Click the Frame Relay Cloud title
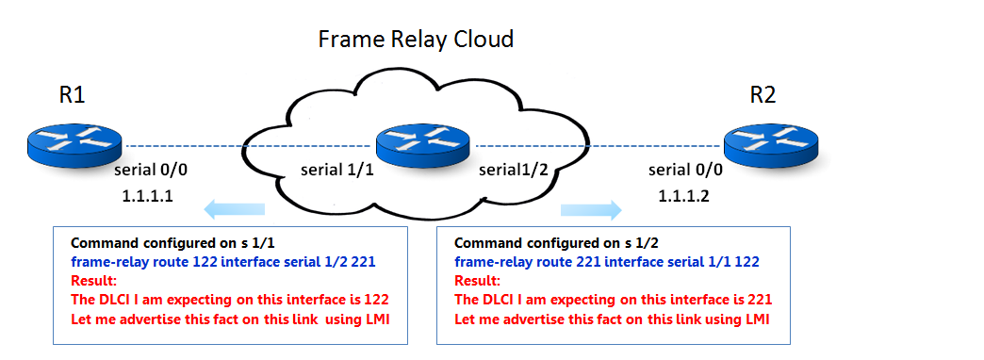416,40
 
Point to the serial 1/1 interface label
337,170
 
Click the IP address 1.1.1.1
147,196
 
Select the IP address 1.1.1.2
683,196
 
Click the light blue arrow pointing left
235,209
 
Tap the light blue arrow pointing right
591,209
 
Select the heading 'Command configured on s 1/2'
543,243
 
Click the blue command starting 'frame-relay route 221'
607,261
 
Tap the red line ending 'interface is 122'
230,299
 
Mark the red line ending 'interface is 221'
614,299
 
